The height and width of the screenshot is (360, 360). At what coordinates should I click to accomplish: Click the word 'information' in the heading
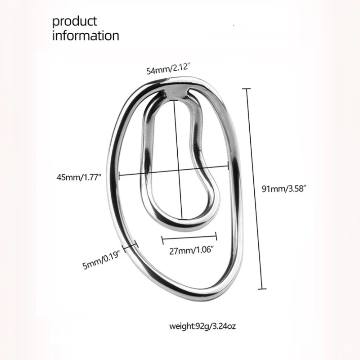[85, 36]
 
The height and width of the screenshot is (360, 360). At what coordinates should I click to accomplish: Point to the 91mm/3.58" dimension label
[283, 189]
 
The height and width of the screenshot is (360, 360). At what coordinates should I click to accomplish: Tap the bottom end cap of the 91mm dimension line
[263, 288]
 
